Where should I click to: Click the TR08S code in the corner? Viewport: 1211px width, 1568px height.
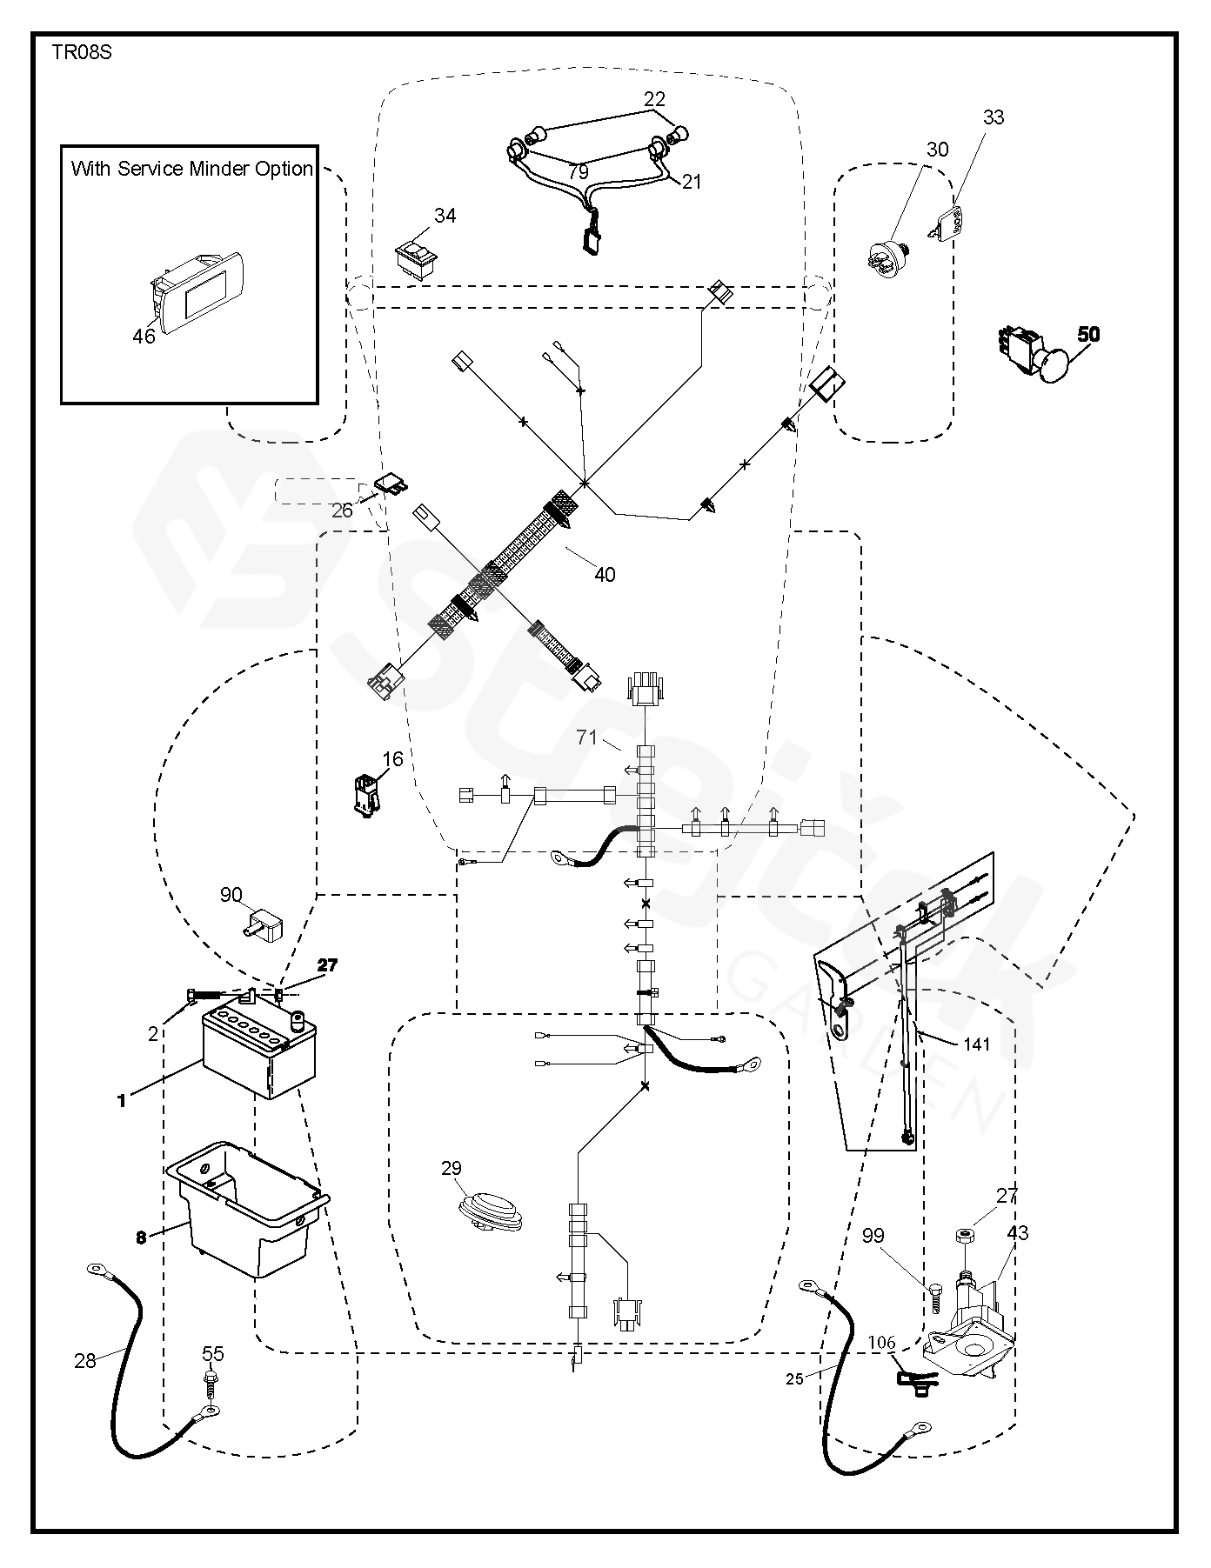pyautogui.click(x=81, y=53)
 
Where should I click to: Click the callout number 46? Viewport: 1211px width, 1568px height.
pyautogui.click(x=144, y=336)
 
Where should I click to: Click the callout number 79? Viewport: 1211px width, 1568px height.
pyautogui.click(x=578, y=173)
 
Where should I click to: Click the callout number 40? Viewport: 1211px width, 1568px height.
pyautogui.click(x=605, y=575)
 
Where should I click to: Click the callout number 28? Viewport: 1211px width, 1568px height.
pyautogui.click(x=85, y=1361)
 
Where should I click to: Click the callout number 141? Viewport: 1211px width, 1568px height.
pyautogui.click(x=976, y=1044)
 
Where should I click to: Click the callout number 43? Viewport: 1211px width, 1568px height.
pyautogui.click(x=1017, y=1233)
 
